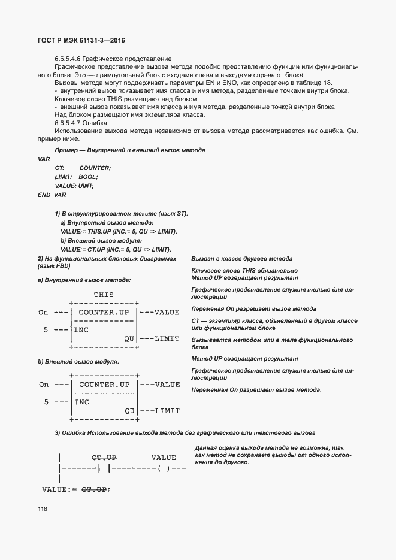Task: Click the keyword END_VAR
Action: (52, 195)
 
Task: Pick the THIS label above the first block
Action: (104, 295)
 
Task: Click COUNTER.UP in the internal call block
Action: (104, 312)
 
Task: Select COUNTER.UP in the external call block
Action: (104, 384)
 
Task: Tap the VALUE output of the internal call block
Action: (167, 312)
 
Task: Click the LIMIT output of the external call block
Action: (167, 411)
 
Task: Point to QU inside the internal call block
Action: (129, 338)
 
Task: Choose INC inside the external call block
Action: (82, 402)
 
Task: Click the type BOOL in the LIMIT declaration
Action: (88, 177)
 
